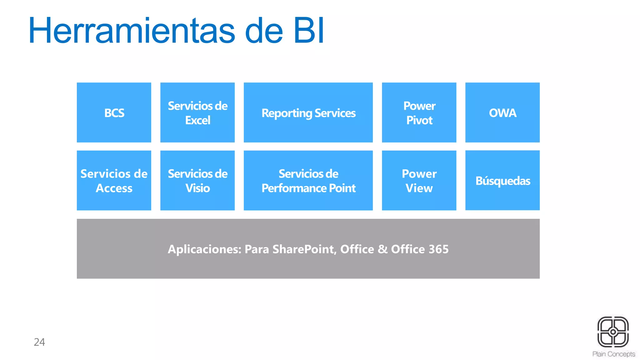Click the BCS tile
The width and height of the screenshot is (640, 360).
click(114, 112)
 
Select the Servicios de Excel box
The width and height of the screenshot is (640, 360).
click(197, 112)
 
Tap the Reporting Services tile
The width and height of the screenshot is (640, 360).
click(308, 112)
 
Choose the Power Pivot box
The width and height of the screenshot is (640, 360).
click(419, 112)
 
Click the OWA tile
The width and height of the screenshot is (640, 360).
click(502, 112)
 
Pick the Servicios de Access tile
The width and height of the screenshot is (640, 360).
click(114, 180)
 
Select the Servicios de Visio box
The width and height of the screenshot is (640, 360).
click(197, 180)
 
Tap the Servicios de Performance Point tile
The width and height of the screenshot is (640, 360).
click(308, 180)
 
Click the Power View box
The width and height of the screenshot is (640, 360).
click(419, 180)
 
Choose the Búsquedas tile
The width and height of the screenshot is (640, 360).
click(502, 180)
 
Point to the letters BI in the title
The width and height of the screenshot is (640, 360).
click(309, 31)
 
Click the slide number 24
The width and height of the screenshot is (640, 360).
click(39, 342)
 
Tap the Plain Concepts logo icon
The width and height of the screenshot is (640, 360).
click(613, 332)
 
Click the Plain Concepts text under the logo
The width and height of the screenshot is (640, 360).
click(614, 354)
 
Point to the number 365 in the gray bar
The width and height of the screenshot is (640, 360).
click(438, 249)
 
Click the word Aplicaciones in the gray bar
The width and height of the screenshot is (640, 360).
click(204, 249)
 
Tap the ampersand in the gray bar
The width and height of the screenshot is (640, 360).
click(382, 249)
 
